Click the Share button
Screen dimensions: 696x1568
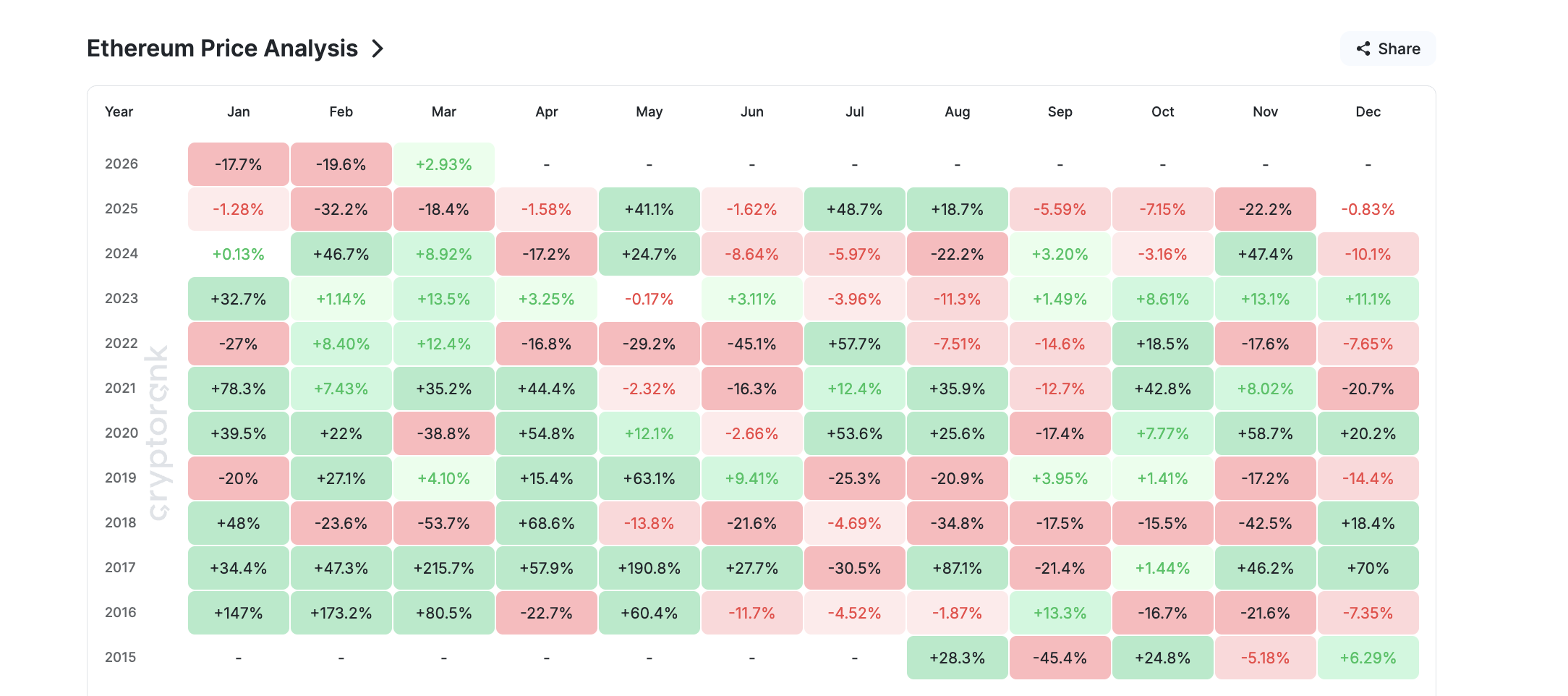pos(1388,48)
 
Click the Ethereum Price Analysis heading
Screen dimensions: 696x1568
pos(222,48)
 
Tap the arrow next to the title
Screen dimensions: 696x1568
pos(378,48)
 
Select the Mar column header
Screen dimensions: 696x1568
pos(443,111)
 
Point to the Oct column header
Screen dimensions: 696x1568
pos(1162,111)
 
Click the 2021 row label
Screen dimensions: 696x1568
pos(120,388)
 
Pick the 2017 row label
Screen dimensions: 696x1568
pos(120,567)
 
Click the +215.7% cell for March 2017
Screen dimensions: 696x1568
pos(443,568)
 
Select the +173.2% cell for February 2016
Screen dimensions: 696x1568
pos(341,613)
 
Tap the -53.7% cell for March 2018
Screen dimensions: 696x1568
pos(443,523)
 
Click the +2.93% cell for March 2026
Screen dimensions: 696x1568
pos(443,164)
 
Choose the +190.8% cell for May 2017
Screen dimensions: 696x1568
pos(649,568)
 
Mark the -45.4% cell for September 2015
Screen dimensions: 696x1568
pos(1060,658)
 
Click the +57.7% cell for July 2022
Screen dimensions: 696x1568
pos(854,344)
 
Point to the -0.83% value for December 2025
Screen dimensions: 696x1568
pos(1368,209)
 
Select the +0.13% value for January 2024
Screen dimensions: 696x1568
pos(238,254)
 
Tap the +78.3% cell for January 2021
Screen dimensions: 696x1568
pos(238,389)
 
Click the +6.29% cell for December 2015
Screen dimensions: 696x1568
pos(1368,658)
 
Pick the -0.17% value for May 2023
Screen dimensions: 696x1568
pos(649,299)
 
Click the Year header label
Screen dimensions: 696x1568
pos(119,111)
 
